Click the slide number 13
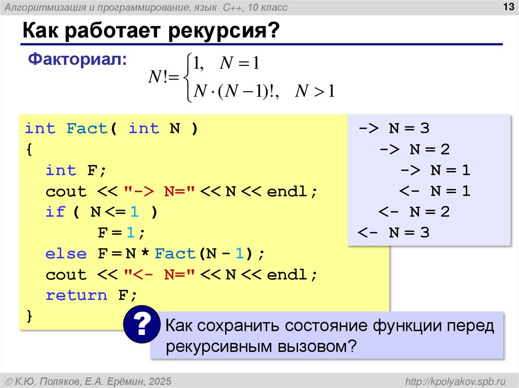(x=506, y=7)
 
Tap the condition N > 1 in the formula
(x=316, y=92)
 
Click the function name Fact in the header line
(x=87, y=128)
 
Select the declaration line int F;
(x=76, y=170)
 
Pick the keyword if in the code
(x=56, y=212)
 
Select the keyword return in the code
(x=76, y=295)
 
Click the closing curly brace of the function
(x=29, y=316)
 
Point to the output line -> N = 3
(x=394, y=128)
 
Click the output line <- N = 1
(x=435, y=191)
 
